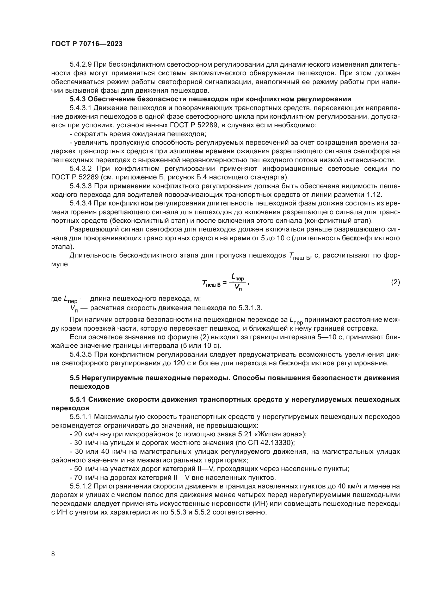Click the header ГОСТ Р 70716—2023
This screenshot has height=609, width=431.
(x=87, y=44)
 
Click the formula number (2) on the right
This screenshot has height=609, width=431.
(x=395, y=282)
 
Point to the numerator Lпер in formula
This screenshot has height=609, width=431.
(x=238, y=278)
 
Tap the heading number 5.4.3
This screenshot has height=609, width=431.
(x=77, y=99)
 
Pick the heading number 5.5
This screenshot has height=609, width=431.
(x=74, y=378)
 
